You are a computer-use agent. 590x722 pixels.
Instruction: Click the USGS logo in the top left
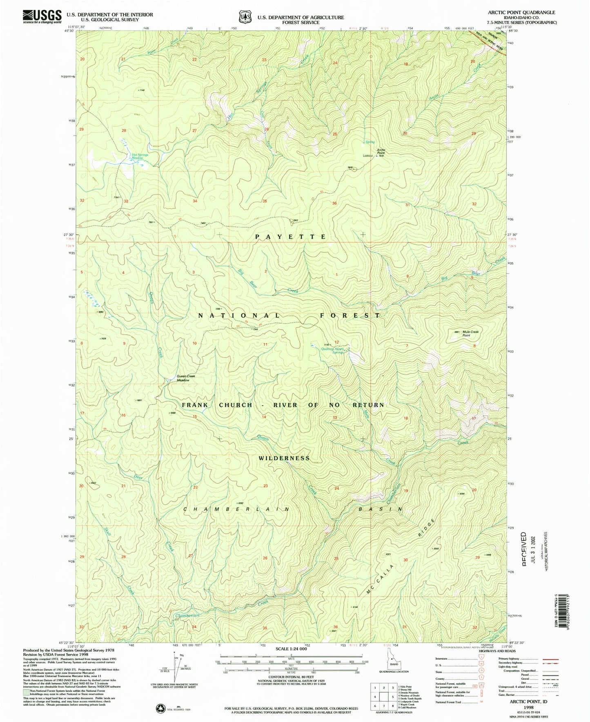(x=42, y=17)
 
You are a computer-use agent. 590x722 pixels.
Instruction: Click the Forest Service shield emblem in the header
(x=245, y=17)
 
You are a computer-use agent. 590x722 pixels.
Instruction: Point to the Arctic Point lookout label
(x=381, y=152)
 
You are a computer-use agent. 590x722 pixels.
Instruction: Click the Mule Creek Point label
(x=470, y=333)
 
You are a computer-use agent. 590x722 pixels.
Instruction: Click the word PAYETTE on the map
(x=291, y=237)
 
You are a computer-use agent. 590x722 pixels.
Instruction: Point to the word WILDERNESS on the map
(x=284, y=458)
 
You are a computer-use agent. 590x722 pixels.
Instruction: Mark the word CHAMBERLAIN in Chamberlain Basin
(x=236, y=509)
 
